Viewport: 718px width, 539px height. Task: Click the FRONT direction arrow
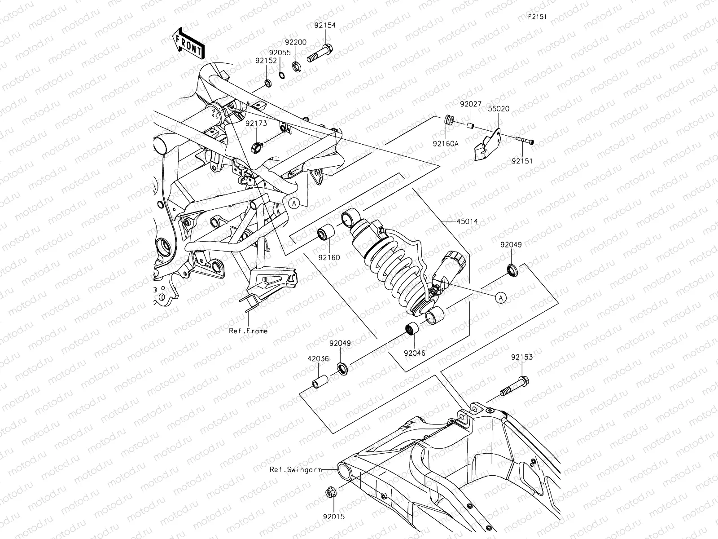(189, 44)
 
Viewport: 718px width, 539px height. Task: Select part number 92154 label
(324, 26)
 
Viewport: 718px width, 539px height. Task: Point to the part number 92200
(296, 42)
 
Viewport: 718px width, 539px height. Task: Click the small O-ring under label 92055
(282, 75)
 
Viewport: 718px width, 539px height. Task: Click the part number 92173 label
(256, 123)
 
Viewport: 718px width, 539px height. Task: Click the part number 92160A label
(446, 144)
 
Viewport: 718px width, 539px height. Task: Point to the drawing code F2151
(537, 17)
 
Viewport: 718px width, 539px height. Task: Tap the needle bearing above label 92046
(412, 330)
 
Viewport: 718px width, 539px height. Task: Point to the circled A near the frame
(294, 203)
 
